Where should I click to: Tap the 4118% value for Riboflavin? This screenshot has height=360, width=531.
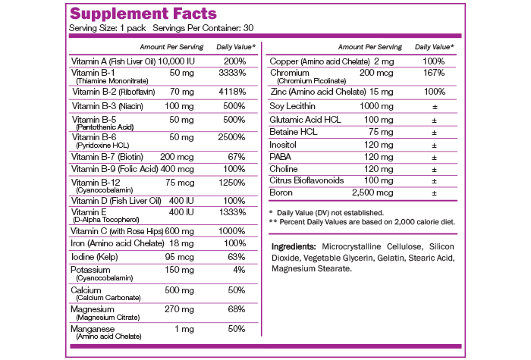click(231, 91)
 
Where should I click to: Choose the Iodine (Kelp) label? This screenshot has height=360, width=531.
click(97, 257)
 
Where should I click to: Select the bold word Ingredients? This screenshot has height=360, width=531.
click(294, 248)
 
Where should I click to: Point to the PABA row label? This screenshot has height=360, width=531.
click(282, 155)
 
